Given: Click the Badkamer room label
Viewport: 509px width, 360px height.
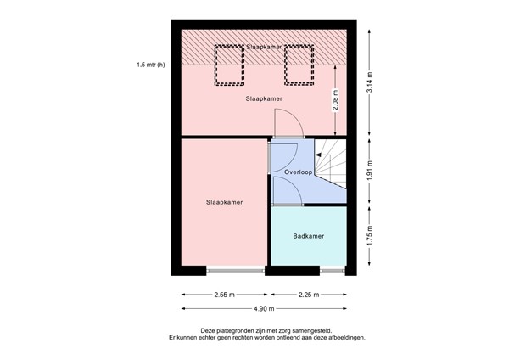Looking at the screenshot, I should point(309,237).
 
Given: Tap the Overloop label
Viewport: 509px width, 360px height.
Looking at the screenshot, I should point(299,172).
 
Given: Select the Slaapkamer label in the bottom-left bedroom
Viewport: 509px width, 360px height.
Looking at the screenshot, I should point(224,202).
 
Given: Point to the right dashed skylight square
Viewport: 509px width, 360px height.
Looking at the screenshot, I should point(299,65).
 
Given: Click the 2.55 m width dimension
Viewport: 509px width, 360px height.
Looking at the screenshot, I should point(224,295).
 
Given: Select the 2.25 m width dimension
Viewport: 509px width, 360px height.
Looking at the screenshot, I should point(309,295).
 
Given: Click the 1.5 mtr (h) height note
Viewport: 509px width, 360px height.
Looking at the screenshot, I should point(150,65).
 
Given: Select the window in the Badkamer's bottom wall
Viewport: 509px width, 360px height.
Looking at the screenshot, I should point(332,271).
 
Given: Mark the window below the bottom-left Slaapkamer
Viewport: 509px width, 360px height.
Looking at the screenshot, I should point(235,271).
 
